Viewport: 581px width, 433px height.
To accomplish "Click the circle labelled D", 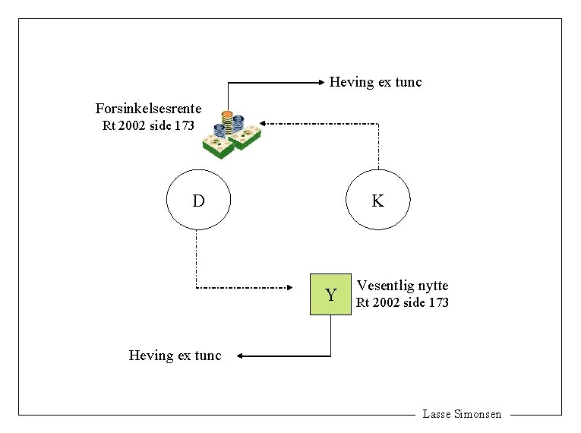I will pos(197,200).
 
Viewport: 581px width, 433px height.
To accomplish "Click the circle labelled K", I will pos(377,200).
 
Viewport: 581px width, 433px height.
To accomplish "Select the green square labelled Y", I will pos(331,294).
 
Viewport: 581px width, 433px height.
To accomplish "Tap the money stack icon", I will pos(232,133).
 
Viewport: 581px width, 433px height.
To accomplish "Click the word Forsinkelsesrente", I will pos(148,109).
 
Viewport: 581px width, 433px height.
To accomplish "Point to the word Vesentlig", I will pos(384,286).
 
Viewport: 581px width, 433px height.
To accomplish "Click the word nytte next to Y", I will pos(431,286).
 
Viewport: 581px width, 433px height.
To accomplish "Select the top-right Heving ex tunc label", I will pos(375,81).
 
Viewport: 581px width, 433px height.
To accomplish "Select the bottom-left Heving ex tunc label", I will pos(175,355).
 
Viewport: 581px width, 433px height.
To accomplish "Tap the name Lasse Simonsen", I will pos(462,414).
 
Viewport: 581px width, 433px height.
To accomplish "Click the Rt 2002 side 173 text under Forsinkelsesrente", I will pos(148,125).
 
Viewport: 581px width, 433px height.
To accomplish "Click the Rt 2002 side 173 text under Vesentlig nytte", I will pos(403,302).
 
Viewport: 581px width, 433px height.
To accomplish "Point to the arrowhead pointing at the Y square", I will pos(289,287).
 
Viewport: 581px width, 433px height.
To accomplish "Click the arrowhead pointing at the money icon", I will pos(263,122).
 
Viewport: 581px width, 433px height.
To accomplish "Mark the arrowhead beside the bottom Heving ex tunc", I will pos(238,355).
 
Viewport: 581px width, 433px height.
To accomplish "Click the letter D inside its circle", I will pos(197,201).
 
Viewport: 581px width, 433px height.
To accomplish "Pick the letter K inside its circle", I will pos(377,201).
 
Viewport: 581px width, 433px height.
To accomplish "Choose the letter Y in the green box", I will pos(331,295).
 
